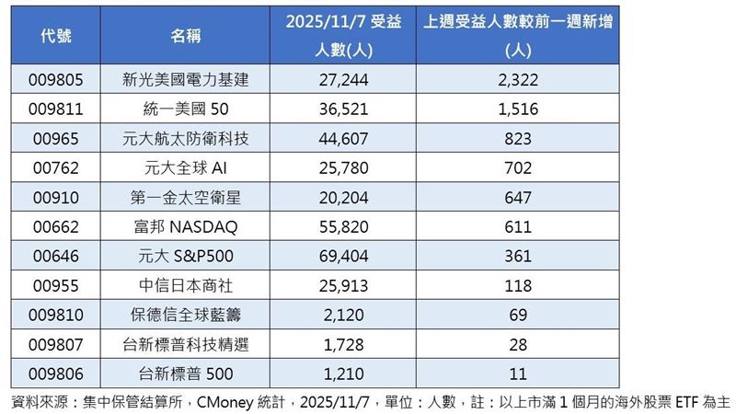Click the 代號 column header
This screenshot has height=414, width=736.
(57, 36)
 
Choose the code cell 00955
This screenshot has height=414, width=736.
(57, 285)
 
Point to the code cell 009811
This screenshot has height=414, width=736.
(57, 109)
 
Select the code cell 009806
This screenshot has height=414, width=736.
(57, 374)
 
